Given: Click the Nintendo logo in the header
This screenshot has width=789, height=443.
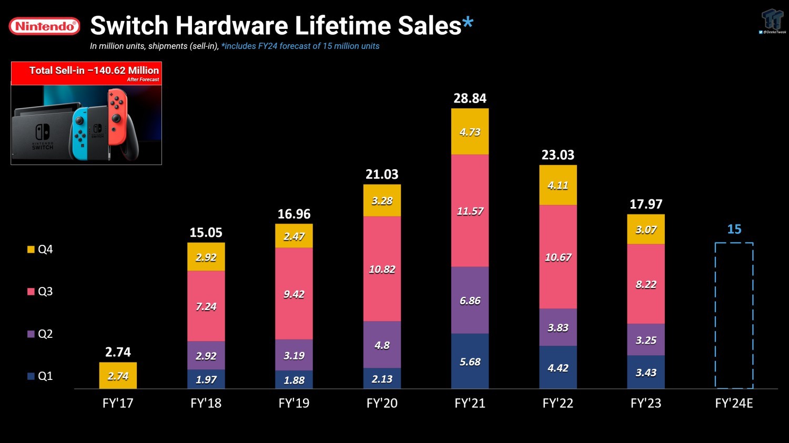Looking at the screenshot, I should [x=45, y=26].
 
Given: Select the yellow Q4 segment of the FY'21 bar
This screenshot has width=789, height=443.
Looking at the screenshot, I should [x=470, y=131].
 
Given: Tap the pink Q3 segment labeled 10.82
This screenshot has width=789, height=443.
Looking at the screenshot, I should [x=382, y=269].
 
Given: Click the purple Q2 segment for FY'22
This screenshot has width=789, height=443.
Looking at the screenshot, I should [x=558, y=327].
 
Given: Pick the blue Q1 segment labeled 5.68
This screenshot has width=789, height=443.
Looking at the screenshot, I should [x=470, y=361].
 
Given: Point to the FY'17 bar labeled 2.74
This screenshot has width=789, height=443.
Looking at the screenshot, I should [x=118, y=375].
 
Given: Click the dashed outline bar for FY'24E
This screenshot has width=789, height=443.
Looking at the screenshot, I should [x=734, y=315].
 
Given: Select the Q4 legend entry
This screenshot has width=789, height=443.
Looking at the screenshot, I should [x=40, y=249].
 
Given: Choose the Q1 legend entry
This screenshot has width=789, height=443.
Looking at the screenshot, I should [x=40, y=376].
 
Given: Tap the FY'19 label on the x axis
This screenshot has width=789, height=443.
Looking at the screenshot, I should [x=294, y=403].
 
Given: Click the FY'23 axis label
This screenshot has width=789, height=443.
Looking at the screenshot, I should [x=646, y=403].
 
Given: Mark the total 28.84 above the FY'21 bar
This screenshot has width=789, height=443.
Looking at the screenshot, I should [x=470, y=98].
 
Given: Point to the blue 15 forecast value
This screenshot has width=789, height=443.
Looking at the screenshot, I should [x=734, y=229].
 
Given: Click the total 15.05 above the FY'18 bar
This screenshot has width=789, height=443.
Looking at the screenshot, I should [x=206, y=232].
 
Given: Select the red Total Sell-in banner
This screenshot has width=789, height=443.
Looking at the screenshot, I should [x=86, y=73].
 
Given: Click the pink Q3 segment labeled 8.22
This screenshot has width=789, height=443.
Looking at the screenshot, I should [x=646, y=284].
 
